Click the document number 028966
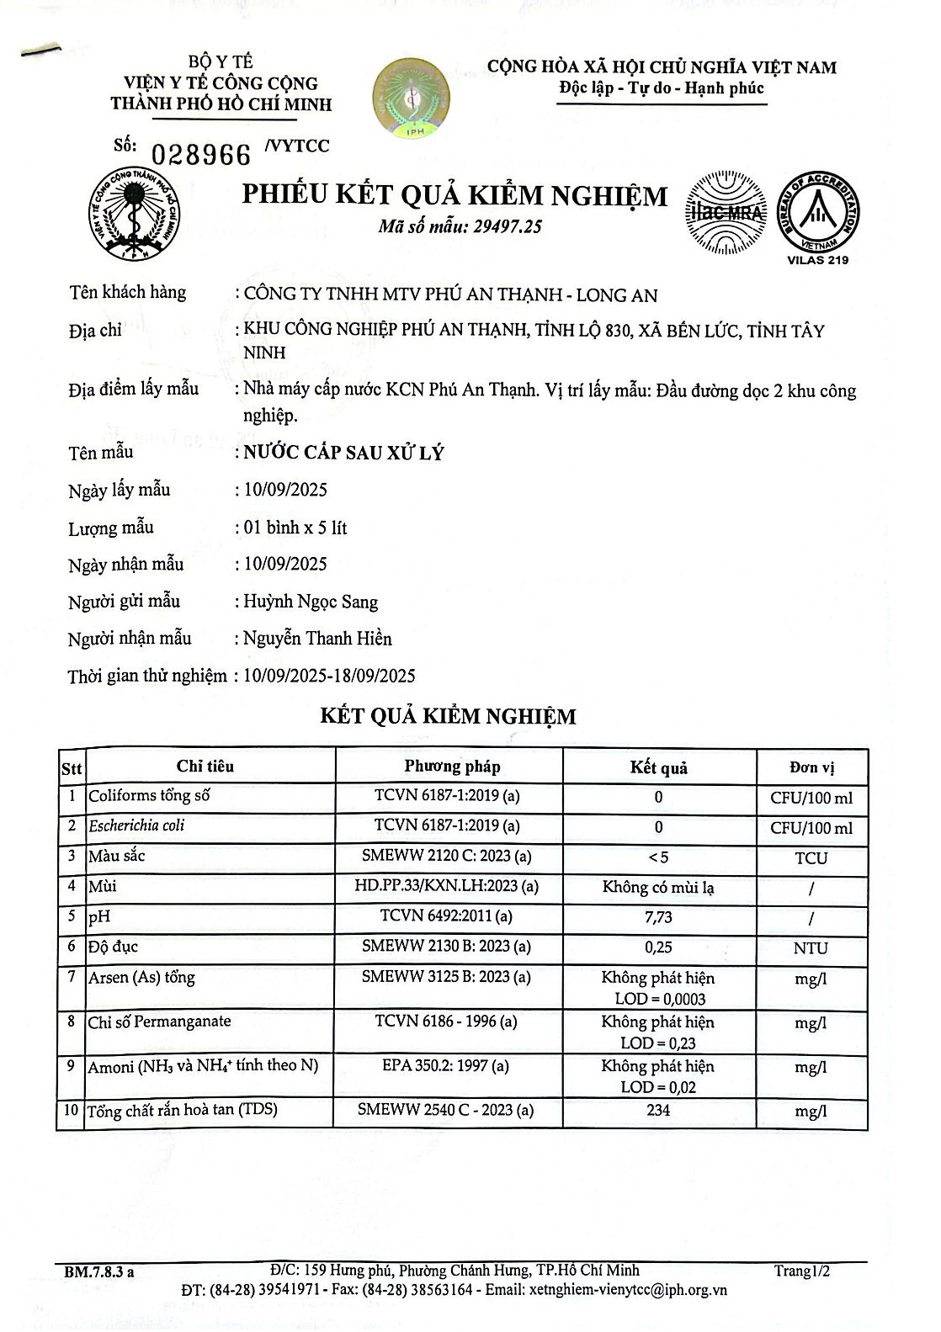(x=201, y=154)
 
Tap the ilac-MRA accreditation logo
(x=726, y=213)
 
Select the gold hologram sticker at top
(x=412, y=97)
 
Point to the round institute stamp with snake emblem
(x=134, y=211)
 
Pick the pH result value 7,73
(x=658, y=917)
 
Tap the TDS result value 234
(x=658, y=1110)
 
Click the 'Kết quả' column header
(x=658, y=767)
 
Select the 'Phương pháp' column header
(x=452, y=767)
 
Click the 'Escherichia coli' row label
(x=136, y=825)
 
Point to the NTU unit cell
(x=811, y=947)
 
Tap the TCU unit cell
(x=811, y=858)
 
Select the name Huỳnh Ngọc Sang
(x=310, y=602)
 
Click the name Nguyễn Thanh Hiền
(x=317, y=639)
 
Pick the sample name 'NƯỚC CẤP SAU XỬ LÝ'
(x=343, y=453)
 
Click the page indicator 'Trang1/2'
(x=802, y=1271)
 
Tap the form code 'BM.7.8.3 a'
(x=98, y=1272)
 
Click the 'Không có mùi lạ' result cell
(x=658, y=887)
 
